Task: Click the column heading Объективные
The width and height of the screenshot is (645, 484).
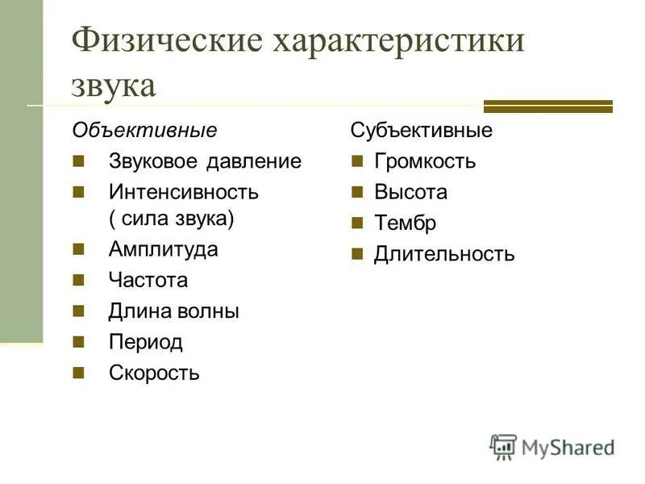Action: pos(144,130)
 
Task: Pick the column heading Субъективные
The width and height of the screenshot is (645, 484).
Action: pos(421,130)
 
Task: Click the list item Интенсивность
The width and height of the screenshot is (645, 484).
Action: pos(184,192)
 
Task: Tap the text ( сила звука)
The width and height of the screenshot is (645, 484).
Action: pos(171,218)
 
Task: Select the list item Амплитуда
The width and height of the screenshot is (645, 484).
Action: pos(164,249)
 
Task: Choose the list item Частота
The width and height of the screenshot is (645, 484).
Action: pos(148,281)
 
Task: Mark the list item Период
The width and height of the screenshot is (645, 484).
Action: pos(146,342)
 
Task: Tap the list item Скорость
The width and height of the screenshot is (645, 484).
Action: pos(154,373)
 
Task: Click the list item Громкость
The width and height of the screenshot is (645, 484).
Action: pos(425,161)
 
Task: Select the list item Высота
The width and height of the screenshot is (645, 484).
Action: pos(410,192)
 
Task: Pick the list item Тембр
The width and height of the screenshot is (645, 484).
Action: pos(405,223)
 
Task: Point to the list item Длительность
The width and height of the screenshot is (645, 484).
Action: pos(444,255)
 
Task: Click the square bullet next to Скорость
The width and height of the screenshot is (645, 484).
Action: pos(78,373)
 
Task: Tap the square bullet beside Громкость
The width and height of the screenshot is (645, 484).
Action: pos(357,161)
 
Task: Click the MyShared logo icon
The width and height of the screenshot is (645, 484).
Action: pos(503,446)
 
